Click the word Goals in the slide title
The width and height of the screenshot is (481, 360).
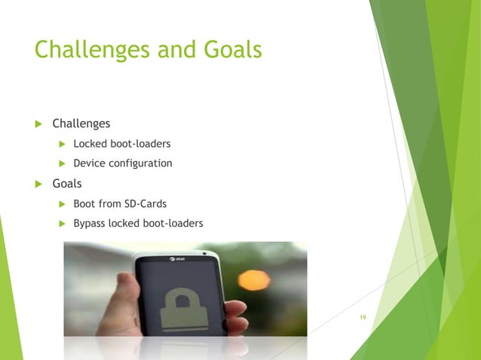pyautogui.click(x=230, y=50)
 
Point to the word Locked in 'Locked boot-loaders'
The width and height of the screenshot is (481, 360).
pyautogui.click(x=89, y=143)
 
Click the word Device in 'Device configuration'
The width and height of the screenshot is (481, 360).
pyautogui.click(x=89, y=163)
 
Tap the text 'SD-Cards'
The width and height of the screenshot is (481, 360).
pyautogui.click(x=146, y=203)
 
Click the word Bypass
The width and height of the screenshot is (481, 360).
pyautogui.click(x=90, y=224)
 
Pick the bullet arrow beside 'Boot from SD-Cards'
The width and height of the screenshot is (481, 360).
pyautogui.click(x=63, y=203)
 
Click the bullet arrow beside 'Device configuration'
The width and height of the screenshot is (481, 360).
pyautogui.click(x=63, y=163)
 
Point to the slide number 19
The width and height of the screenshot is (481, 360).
pyautogui.click(x=363, y=318)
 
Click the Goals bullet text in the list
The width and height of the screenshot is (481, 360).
pyautogui.click(x=67, y=183)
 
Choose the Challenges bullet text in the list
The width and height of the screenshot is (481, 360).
pyautogui.click(x=81, y=124)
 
